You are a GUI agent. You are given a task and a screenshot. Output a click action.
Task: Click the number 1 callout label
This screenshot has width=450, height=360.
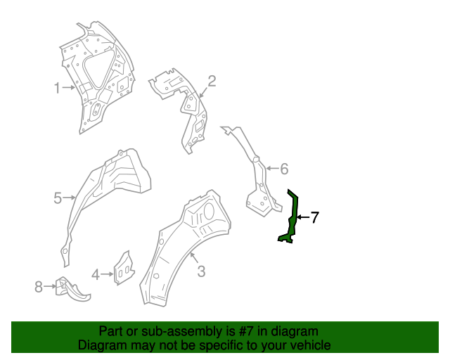tap(57, 88)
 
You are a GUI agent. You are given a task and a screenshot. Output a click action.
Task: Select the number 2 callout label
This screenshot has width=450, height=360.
tap(211, 81)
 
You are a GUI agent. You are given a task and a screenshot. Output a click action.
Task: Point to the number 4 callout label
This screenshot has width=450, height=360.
tap(95, 274)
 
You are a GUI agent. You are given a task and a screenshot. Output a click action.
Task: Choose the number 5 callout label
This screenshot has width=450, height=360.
tap(58, 198)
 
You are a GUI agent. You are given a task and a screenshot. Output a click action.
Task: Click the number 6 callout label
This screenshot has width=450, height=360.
tap(284, 169)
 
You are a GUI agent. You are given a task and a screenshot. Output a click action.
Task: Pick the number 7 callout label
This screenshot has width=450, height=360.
tap(314, 218)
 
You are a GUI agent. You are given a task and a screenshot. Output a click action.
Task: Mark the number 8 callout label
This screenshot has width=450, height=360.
tap(39, 285)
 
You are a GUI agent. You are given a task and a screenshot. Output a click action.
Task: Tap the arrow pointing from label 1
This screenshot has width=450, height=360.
tap(68, 88)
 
